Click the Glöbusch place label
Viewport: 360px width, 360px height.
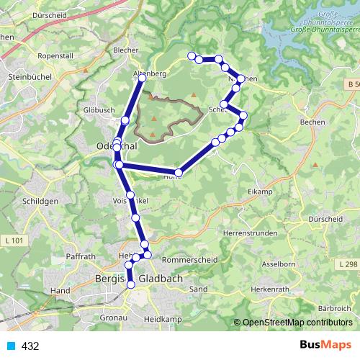click(x=99, y=110)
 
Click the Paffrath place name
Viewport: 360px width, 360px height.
click(x=80, y=256)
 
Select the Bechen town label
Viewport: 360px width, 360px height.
click(x=305, y=123)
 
